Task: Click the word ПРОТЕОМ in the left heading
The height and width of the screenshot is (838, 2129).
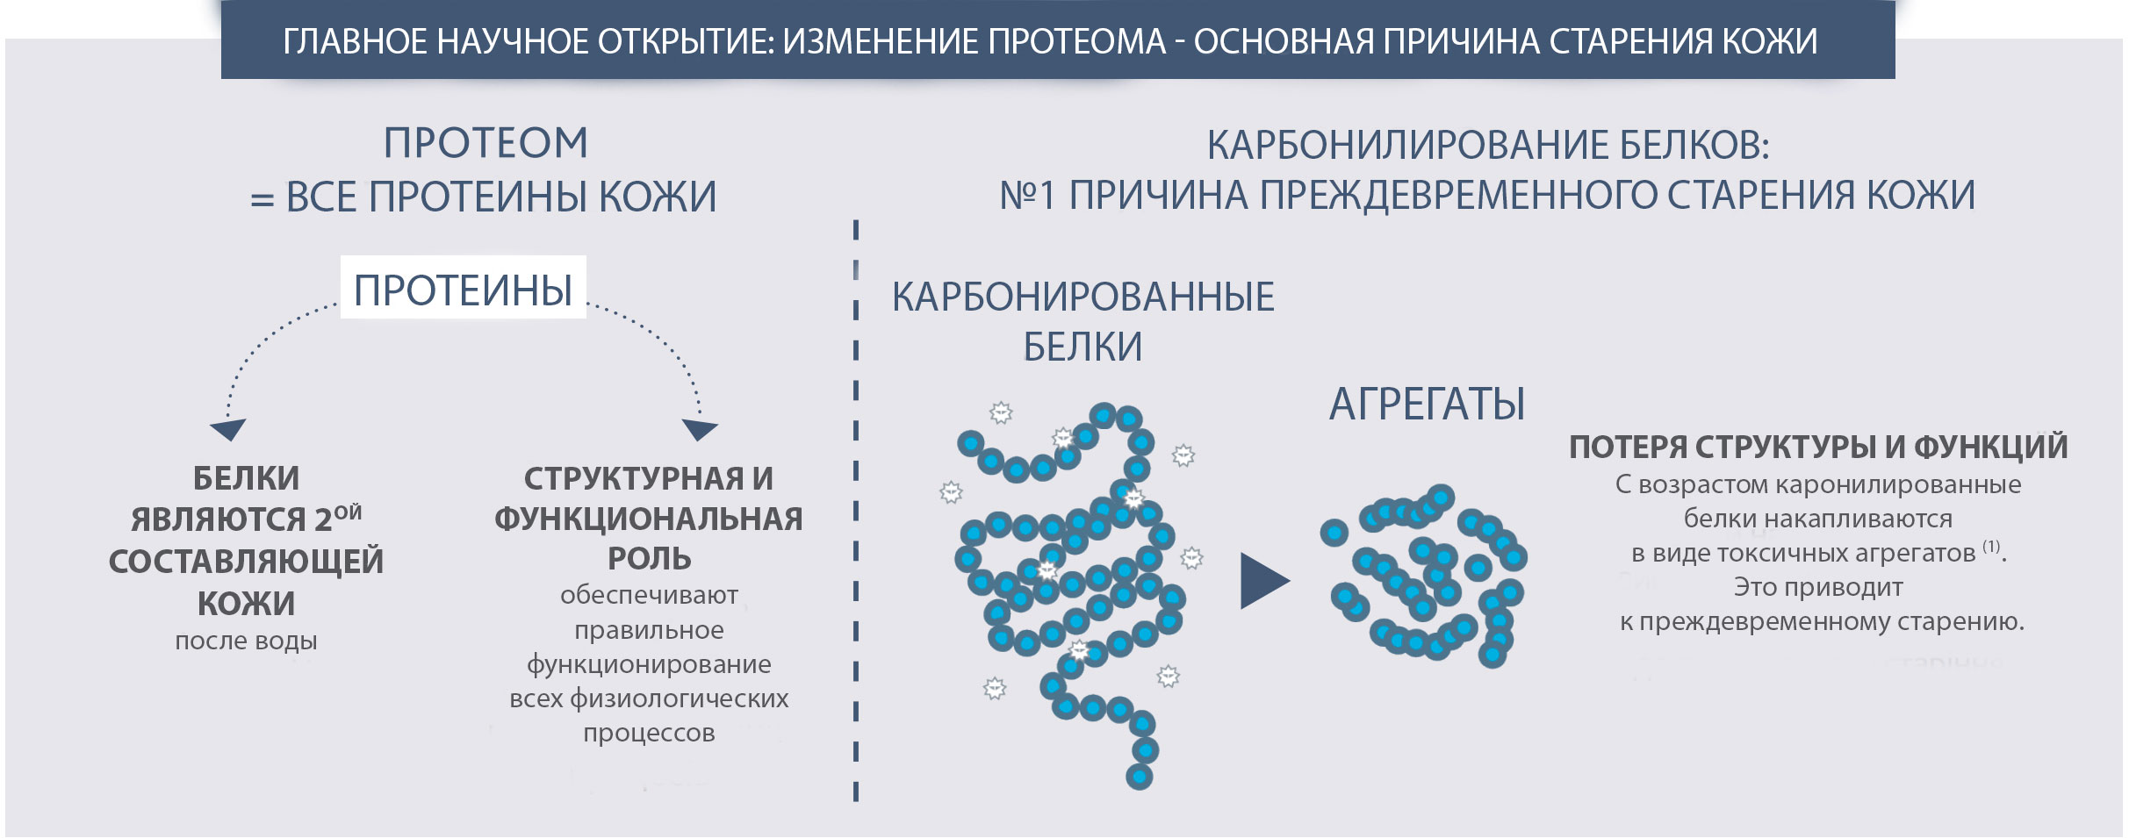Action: coord(485,143)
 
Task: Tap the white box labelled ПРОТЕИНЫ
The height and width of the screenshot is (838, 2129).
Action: coord(464,287)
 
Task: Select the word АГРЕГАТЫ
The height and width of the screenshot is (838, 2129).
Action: coord(1427,405)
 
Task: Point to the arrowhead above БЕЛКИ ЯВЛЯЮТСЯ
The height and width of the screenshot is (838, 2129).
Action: coord(228,429)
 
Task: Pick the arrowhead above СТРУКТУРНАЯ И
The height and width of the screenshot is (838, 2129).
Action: coord(700,429)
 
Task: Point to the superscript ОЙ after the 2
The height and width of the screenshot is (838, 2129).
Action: coord(348,512)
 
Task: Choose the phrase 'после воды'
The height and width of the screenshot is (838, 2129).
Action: coord(246,641)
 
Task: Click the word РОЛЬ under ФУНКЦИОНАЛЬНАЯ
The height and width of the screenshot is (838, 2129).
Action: coord(650,559)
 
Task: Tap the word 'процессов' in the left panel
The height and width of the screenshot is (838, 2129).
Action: coord(649,733)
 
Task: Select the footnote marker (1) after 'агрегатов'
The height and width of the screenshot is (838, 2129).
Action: coord(1991,547)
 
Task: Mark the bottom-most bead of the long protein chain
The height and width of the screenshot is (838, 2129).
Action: coord(1139,777)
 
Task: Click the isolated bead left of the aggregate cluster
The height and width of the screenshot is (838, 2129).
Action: coord(1334,532)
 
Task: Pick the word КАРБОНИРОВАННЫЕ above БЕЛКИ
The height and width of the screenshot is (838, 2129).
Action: coord(1083,297)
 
